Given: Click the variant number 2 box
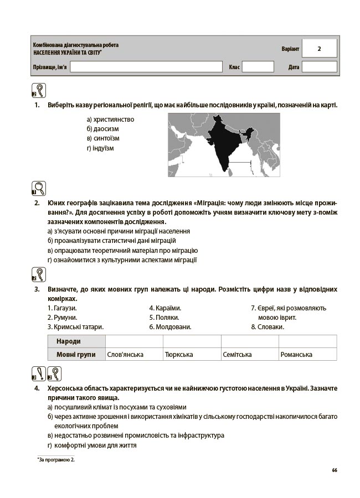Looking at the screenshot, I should (x=319, y=49).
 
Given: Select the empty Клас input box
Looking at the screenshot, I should (x=258, y=67).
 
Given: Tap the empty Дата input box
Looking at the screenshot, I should (x=319, y=67).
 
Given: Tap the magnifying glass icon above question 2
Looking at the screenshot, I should (x=39, y=189).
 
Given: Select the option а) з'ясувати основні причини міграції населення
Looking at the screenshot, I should (x=119, y=231).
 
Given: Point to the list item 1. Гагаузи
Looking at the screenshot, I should (x=62, y=308).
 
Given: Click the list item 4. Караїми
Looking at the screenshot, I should (x=165, y=308).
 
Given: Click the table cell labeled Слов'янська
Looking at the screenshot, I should (x=125, y=355).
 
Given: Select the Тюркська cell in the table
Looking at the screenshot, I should (x=179, y=355).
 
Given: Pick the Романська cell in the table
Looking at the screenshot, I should (x=296, y=355).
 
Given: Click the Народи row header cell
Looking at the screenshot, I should (x=76, y=341).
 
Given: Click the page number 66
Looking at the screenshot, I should (x=335, y=470).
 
